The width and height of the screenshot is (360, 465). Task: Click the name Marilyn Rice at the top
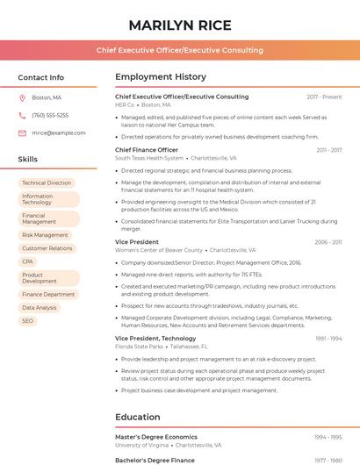pyautogui.click(x=180, y=25)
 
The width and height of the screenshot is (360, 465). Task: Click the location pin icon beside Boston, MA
pyautogui.click(x=22, y=97)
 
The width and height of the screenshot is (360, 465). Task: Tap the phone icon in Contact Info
pyautogui.click(x=22, y=115)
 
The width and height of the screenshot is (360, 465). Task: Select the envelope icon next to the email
pyautogui.click(x=22, y=132)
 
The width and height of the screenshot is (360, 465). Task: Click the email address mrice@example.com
pyautogui.click(x=59, y=132)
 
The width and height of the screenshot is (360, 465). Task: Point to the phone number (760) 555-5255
pyautogui.click(x=50, y=115)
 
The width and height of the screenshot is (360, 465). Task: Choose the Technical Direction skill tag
pyautogui.click(x=47, y=183)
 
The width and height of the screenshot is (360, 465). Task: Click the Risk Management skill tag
pyautogui.click(x=45, y=235)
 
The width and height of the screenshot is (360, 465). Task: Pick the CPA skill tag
pyautogui.click(x=28, y=261)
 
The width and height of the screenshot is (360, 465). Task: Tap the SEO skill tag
pyautogui.click(x=28, y=321)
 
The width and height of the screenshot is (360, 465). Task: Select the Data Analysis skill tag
pyautogui.click(x=40, y=308)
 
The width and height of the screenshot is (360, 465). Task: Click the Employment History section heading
pyautogui.click(x=161, y=77)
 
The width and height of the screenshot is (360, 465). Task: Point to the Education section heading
pyautogui.click(x=139, y=417)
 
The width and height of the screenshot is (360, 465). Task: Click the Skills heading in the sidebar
pyautogui.click(x=28, y=160)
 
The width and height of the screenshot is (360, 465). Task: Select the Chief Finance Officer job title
pyautogui.click(x=147, y=150)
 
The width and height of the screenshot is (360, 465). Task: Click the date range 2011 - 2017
pyautogui.click(x=329, y=150)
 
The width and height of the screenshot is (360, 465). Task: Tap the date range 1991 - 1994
pyautogui.click(x=328, y=338)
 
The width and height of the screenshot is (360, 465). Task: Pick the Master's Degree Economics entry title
pyautogui.click(x=155, y=437)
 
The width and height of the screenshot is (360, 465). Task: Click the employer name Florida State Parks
pyautogui.click(x=139, y=347)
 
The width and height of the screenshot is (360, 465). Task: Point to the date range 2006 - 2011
pyautogui.click(x=328, y=241)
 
